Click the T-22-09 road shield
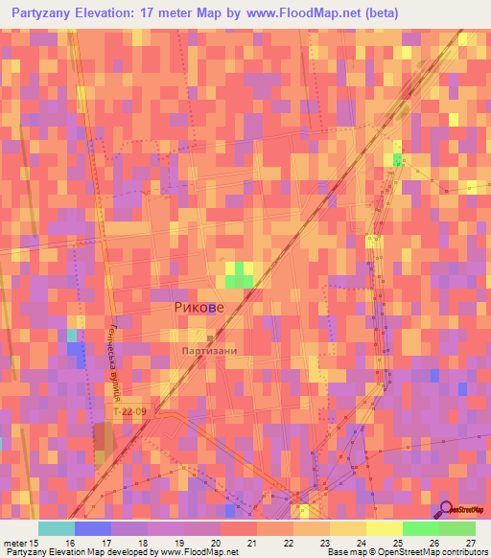(x=130, y=411)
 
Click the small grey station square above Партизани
(x=211, y=337)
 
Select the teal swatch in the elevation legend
(x=57, y=528)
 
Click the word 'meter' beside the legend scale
(x=17, y=544)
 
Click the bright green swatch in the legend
(x=420, y=528)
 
